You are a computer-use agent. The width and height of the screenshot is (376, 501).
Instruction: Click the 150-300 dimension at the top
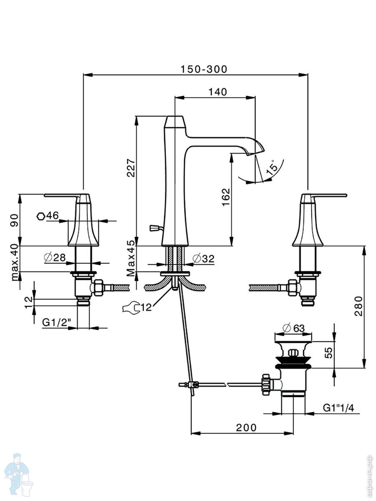tap(204, 69)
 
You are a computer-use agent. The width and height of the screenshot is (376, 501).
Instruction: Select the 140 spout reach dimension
tap(218, 92)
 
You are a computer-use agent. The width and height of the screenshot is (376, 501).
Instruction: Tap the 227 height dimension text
tap(131, 167)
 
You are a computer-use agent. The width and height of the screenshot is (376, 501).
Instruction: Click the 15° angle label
tap(271, 167)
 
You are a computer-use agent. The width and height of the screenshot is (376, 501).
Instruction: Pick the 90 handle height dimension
tap(15, 220)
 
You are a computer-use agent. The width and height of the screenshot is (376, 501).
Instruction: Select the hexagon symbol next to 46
tap(41, 216)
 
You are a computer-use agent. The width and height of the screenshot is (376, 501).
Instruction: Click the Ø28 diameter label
tap(54, 258)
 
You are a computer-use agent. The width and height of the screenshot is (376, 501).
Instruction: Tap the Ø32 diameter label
tap(203, 259)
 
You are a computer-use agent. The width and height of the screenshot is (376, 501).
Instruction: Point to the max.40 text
tap(15, 263)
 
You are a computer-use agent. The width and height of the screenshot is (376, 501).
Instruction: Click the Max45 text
tap(131, 258)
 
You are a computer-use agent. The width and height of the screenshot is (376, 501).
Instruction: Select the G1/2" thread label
tap(56, 322)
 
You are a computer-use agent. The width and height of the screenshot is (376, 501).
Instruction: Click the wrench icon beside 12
tap(130, 308)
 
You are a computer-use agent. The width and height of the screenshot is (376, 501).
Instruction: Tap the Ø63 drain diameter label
tap(293, 328)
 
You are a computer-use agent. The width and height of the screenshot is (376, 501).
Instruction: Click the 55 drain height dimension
tap(329, 353)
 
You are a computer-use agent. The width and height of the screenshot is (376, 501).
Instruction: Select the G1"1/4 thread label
tap(338, 408)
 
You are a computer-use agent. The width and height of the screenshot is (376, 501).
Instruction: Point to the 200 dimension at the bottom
tap(246, 427)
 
